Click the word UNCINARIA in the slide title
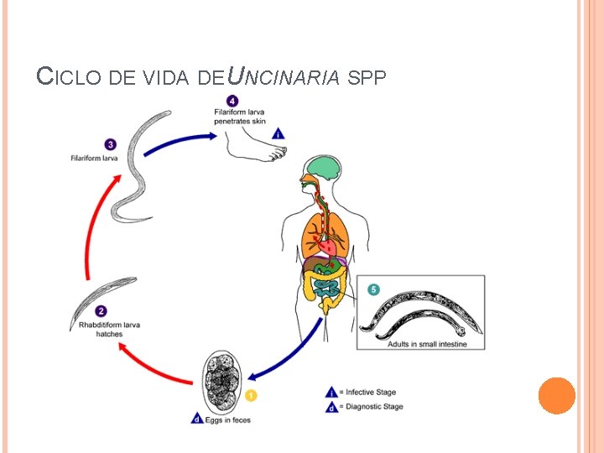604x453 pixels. (x=284, y=77)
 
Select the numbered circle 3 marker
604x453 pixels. (x=111, y=144)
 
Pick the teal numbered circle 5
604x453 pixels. (x=373, y=289)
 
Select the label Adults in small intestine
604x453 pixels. (x=427, y=344)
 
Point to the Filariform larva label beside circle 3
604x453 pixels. (x=93, y=159)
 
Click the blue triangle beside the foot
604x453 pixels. (x=279, y=132)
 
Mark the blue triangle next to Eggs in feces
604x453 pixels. (x=196, y=418)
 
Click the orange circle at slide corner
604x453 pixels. (x=556, y=395)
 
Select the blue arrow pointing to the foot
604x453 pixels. (x=176, y=137)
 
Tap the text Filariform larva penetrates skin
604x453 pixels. (x=240, y=117)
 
